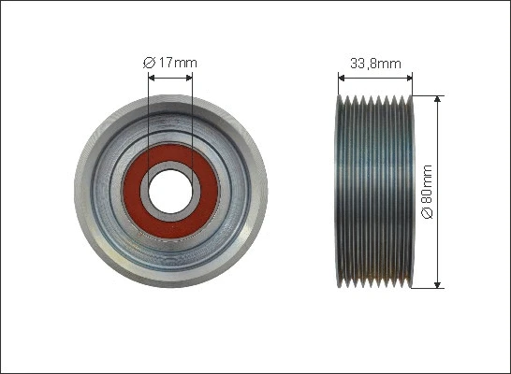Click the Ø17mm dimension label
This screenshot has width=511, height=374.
[x=170, y=63]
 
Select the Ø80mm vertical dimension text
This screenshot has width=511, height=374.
[x=427, y=193]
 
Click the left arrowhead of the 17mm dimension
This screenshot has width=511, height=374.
[x=152, y=79]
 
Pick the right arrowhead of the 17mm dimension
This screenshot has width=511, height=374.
[x=188, y=79]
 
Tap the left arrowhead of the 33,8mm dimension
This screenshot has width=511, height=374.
[x=339, y=79]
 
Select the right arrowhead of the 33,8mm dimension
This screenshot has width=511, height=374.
[x=410, y=79]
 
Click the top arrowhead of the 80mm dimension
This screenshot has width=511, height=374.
[x=437, y=98]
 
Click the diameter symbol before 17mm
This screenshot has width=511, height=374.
[x=148, y=63]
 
